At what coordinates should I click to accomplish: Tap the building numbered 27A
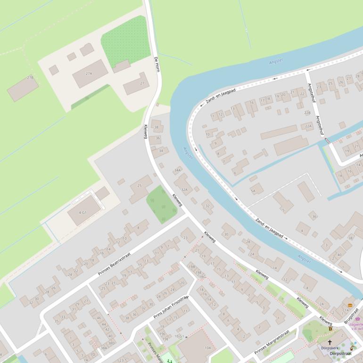point(89,74)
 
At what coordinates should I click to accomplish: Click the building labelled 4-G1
point(83,212)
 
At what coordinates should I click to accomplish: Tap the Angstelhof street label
point(315,109)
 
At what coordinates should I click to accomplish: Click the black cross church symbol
point(330,343)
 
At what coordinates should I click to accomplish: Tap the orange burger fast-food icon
point(350,305)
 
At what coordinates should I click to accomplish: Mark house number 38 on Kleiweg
point(156,127)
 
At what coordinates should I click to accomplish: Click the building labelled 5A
point(255,190)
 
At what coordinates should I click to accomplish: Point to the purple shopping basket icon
point(357,319)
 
